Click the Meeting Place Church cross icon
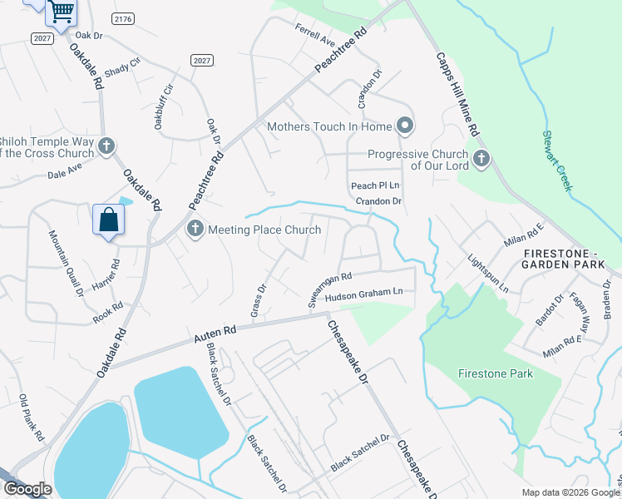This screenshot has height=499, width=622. click(x=195, y=230)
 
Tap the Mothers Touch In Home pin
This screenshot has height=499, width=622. click(x=405, y=126)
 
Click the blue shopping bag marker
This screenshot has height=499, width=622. click(x=109, y=220)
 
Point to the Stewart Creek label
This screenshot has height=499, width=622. click(x=557, y=161)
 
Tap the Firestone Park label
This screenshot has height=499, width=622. click(x=496, y=373)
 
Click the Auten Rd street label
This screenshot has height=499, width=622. click(x=215, y=334)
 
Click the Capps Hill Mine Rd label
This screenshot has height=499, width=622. click(x=458, y=96)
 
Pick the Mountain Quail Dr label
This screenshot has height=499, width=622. click(x=67, y=263)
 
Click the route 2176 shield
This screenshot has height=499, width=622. click(x=123, y=18)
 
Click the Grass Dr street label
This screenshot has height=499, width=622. click(x=258, y=301)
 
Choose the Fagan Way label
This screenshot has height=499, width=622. click(x=580, y=311)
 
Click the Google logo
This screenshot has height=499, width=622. click(x=27, y=489)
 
